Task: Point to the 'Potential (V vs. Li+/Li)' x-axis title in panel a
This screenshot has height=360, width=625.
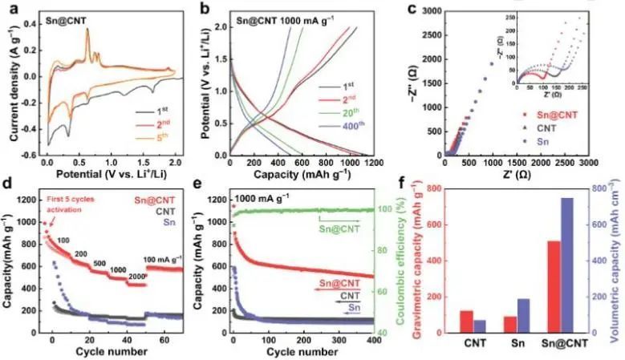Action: point(113,172)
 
